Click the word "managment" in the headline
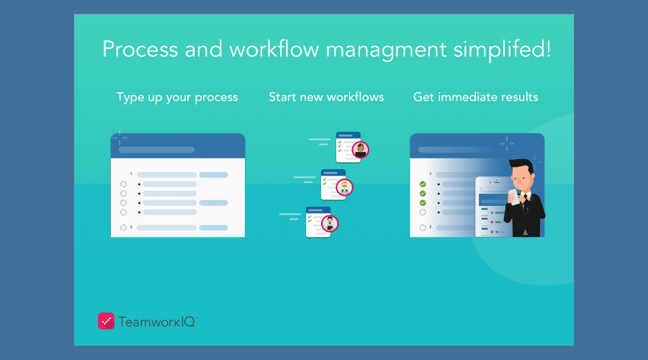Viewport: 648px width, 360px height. tap(386, 50)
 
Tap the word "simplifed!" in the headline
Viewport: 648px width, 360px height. tap(502, 49)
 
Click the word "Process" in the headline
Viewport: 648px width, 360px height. tap(140, 49)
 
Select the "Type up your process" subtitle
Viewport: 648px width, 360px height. tap(177, 97)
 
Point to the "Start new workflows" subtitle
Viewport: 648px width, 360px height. tap(326, 97)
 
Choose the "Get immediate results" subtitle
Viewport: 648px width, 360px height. tap(476, 97)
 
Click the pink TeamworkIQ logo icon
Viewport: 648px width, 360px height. tap(107, 321)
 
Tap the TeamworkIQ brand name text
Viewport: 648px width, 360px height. tap(158, 322)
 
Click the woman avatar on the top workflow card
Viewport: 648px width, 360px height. tap(361, 150)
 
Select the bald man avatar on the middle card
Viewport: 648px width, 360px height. tap(344, 188)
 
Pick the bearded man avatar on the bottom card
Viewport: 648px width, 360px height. tap(330, 224)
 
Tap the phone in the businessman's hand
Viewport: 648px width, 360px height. tap(513, 197)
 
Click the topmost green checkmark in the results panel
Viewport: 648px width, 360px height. tap(423, 184)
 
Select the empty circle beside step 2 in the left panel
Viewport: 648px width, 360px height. tap(124, 228)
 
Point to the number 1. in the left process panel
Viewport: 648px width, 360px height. tap(132, 174)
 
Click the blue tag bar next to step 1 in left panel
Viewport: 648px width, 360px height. tap(214, 175)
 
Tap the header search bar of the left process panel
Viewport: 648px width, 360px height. tap(157, 150)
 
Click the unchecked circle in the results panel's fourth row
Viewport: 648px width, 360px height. tap(423, 212)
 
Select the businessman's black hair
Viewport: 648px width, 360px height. tap(521, 164)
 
